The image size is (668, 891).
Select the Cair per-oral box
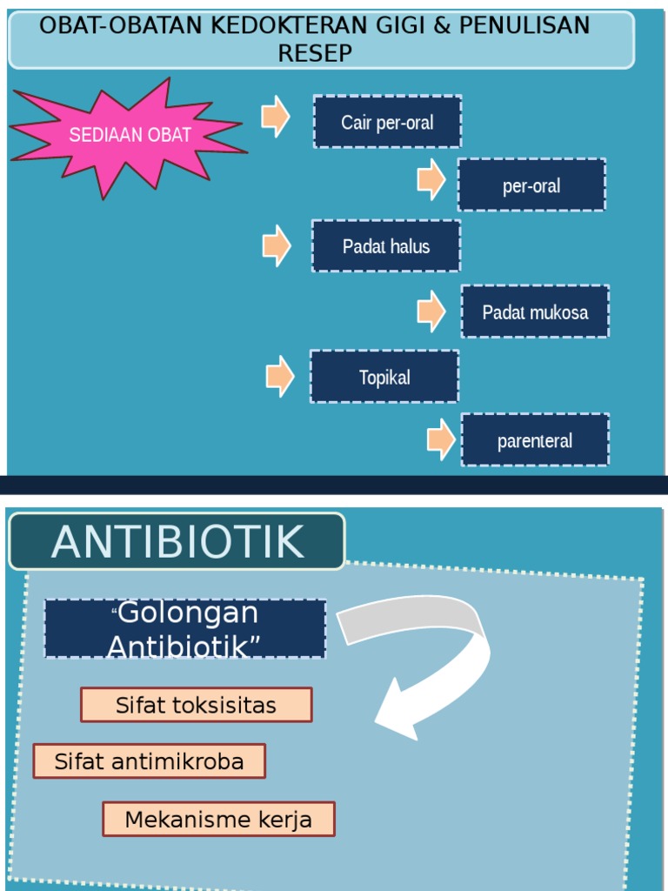pyautogui.click(x=387, y=122)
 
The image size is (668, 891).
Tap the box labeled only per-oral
pyautogui.click(x=531, y=185)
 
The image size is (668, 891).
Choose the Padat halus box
pyautogui.click(x=386, y=246)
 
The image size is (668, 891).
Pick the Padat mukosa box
pyautogui.click(x=535, y=312)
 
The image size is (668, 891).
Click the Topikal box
pyautogui.click(x=384, y=377)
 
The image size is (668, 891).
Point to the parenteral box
pyautogui.click(x=535, y=440)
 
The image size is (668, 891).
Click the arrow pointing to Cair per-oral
pyautogui.click(x=276, y=117)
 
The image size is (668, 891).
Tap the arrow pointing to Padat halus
pyautogui.click(x=277, y=245)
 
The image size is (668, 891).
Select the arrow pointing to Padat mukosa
pyautogui.click(x=431, y=311)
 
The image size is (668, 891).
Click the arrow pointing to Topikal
pyautogui.click(x=280, y=377)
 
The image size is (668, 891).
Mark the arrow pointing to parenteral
pyautogui.click(x=442, y=439)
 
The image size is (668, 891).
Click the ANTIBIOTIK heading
pyautogui.click(x=177, y=541)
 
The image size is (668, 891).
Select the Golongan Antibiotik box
pyautogui.click(x=185, y=628)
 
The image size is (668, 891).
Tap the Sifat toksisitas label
pyautogui.click(x=196, y=705)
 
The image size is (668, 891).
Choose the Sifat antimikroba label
pyautogui.click(x=149, y=761)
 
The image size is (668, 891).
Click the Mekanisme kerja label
pyautogui.click(x=218, y=819)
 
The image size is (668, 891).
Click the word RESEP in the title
pyautogui.click(x=315, y=53)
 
